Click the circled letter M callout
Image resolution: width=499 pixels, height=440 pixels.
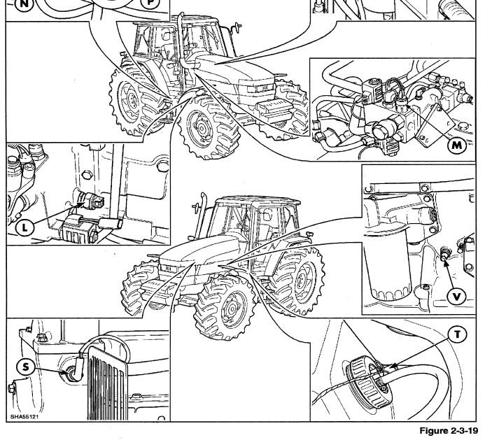tap(457, 146)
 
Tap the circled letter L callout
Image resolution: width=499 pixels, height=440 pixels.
tap(24, 227)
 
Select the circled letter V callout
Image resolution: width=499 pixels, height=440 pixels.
tap(457, 297)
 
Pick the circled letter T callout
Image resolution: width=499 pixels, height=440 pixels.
tap(457, 334)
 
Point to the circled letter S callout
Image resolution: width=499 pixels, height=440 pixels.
tap(25, 367)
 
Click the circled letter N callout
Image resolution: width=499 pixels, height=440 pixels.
tap(24, 3)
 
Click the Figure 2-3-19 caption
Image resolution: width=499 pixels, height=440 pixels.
tap(449, 430)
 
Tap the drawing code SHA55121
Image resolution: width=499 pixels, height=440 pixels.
tap(24, 416)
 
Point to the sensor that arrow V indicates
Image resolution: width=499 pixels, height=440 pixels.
tap(444, 253)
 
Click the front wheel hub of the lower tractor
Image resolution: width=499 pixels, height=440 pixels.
tap(232, 308)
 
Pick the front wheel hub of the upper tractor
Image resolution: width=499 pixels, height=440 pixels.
tap(202, 127)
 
